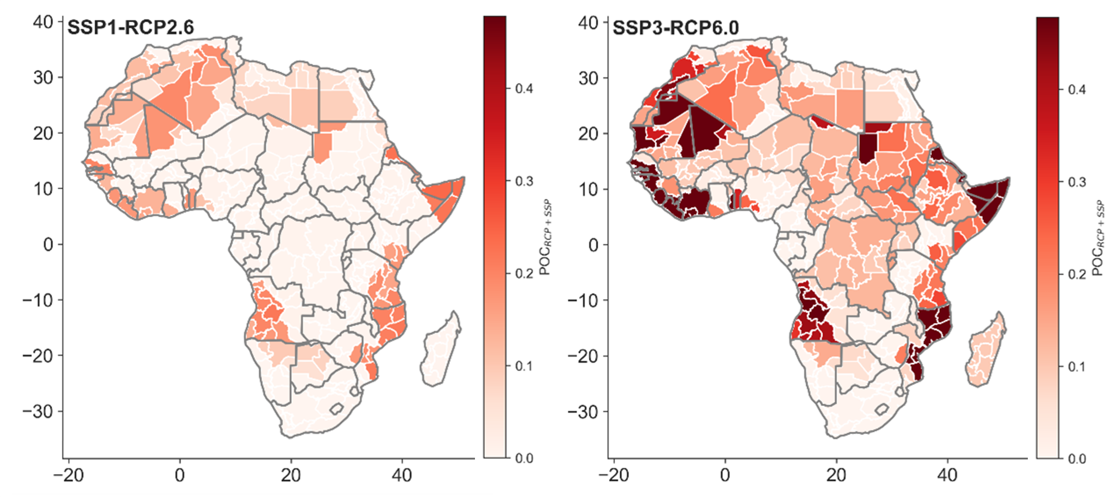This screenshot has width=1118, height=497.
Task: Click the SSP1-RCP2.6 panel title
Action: point(130,27)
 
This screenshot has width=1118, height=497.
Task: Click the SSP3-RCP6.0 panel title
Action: point(675,27)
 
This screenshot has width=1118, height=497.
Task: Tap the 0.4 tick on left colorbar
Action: point(524,89)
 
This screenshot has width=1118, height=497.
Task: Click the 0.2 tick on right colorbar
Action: point(1076,275)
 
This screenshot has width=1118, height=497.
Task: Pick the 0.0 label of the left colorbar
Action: point(524,458)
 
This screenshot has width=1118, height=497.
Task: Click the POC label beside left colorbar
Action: point(545,237)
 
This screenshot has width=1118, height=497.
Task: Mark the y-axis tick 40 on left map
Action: point(43,22)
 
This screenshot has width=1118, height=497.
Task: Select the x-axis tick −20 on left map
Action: point(69,475)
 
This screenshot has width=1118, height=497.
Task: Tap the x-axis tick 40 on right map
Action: point(947,475)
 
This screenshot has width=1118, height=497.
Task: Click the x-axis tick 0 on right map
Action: point(724,475)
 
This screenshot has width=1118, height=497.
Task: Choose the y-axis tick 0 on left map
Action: point(49,245)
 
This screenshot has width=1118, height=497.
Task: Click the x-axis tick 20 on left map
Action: point(290,475)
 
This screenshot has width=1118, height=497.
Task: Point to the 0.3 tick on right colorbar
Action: point(1076,182)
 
